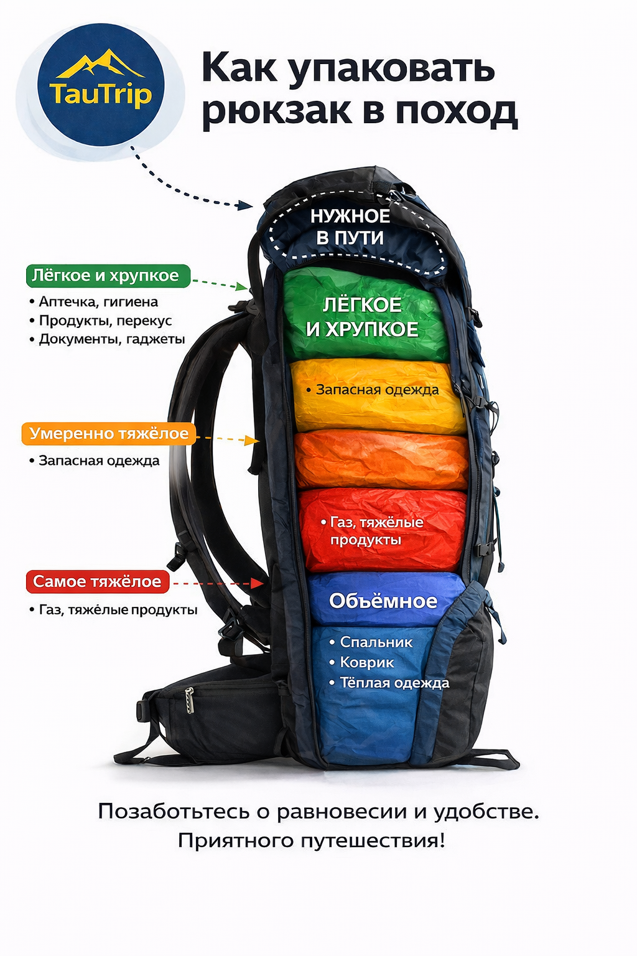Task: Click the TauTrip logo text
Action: (100, 95)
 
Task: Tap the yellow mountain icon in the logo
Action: (101, 64)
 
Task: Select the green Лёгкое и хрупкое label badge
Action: (108, 276)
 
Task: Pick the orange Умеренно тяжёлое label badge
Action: (108, 434)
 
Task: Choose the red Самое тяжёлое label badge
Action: (97, 582)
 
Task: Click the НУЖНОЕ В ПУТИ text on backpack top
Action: (350, 227)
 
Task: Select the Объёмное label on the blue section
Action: (383, 601)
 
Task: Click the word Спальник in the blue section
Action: (376, 642)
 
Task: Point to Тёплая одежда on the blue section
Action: (394, 683)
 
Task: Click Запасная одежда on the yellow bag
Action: (377, 390)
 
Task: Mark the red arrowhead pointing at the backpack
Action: (258, 583)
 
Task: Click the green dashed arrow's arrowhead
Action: (243, 286)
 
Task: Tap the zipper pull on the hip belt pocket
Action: (190, 700)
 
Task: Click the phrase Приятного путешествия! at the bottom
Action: (312, 841)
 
